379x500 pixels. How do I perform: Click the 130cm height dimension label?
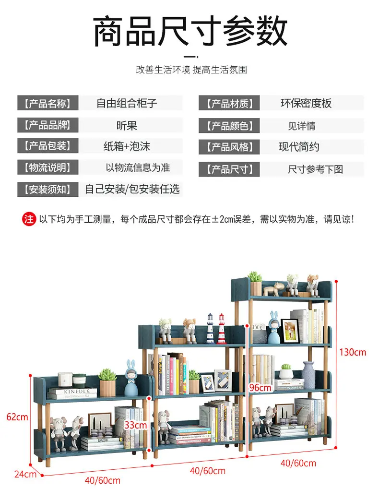coord(353,352)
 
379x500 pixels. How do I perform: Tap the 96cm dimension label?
coord(261,387)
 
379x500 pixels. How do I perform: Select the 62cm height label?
coord(17,417)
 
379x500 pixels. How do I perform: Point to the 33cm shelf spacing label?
coord(136,425)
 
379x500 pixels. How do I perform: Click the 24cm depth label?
coord(25,474)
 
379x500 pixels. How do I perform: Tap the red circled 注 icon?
coord(29,219)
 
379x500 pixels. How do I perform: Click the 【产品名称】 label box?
coord(47,103)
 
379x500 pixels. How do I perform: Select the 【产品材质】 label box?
coord(229,103)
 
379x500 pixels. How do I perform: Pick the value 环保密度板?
coord(306,103)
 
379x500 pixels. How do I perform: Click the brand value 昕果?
coord(127,126)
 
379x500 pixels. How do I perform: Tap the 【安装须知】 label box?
coord(47,189)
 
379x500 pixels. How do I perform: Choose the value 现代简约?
coord(299,147)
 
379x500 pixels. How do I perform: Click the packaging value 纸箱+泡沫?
coord(127,146)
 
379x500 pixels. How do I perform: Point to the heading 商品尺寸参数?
coord(190,31)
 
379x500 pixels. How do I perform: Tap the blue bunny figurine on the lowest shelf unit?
coord(131,378)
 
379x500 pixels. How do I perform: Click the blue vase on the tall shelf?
coord(308,375)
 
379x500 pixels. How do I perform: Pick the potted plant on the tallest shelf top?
coord(255,283)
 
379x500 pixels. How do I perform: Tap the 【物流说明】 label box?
coord(47,167)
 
